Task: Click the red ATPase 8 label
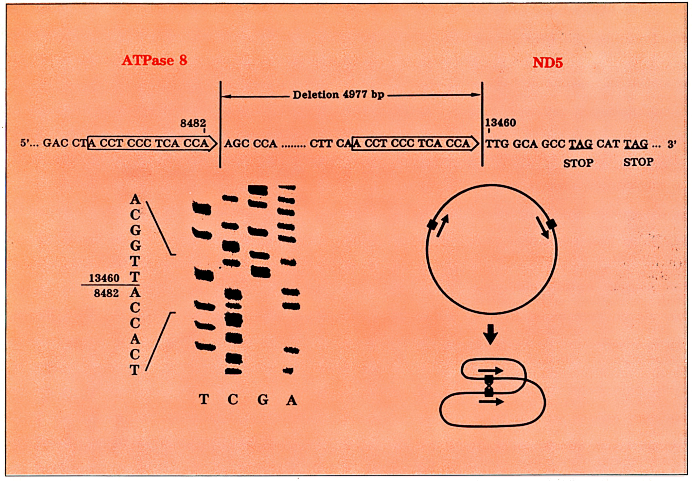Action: [154, 60]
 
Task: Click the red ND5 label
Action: [547, 62]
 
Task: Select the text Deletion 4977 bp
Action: [338, 95]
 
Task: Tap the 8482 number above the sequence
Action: [193, 123]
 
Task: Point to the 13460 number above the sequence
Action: [501, 123]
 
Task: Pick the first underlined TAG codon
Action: [580, 144]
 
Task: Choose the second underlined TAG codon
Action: [636, 144]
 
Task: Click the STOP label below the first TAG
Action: [578, 163]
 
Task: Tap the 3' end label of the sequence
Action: [672, 144]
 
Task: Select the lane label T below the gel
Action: [204, 399]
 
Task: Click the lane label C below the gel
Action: [233, 399]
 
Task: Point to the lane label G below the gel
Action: [263, 399]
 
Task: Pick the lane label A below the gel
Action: [291, 400]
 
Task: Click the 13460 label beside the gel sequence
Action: [104, 278]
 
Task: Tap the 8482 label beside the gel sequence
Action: [106, 293]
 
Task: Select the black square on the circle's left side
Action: [432, 224]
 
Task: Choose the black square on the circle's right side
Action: [551, 224]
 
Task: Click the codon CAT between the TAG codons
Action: [608, 144]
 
